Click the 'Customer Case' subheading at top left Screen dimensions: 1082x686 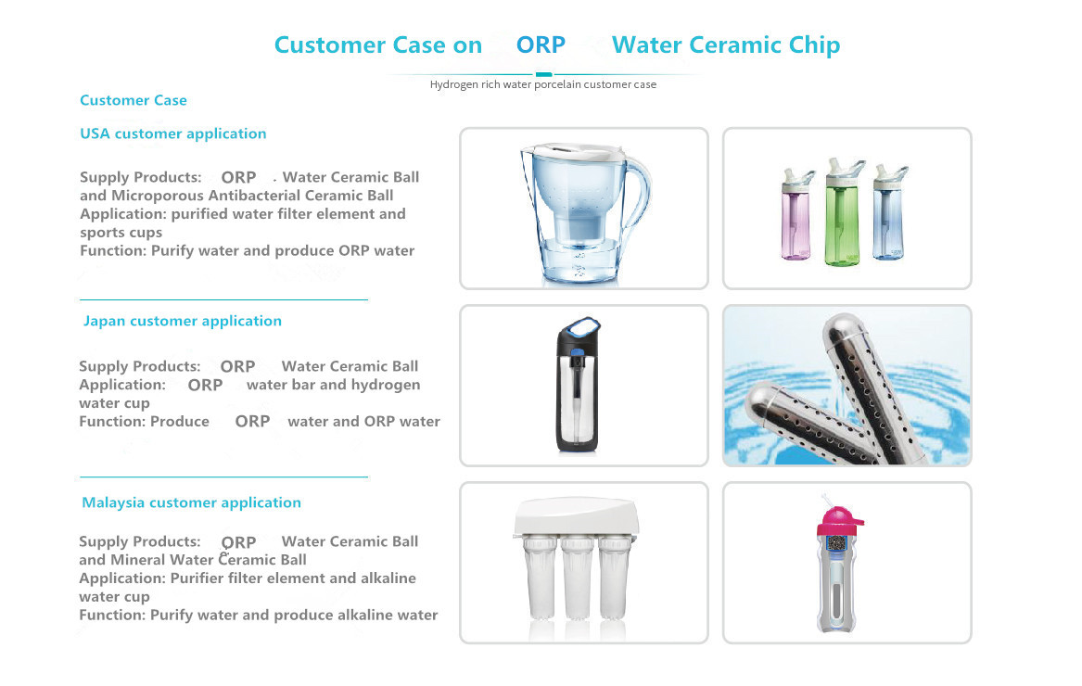(134, 101)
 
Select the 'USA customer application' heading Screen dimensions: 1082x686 (173, 133)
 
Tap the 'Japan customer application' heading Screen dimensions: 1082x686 (183, 321)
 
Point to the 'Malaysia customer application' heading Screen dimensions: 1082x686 (192, 503)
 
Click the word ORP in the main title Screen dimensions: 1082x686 (541, 44)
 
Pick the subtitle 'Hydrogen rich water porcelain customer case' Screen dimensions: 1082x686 (543, 85)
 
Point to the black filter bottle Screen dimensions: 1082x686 (579, 385)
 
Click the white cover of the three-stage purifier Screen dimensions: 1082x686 (576, 515)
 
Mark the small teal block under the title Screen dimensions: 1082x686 (543, 74)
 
